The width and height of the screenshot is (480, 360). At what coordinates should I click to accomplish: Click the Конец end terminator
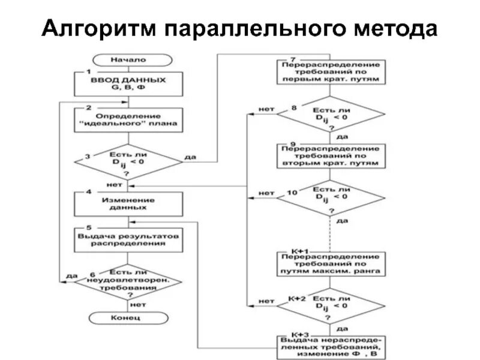point(125,316)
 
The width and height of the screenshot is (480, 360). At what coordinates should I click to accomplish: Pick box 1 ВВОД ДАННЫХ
point(128,83)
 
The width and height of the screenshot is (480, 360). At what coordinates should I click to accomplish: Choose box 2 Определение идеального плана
point(128,120)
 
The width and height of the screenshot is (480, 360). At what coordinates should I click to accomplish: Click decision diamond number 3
point(128,161)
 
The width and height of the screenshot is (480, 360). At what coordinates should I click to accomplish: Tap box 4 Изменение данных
point(128,204)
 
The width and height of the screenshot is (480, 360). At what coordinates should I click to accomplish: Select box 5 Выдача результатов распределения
point(128,240)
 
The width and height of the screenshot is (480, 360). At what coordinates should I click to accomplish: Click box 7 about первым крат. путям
point(329,71)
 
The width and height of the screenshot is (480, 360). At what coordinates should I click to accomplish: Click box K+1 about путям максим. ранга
point(329,263)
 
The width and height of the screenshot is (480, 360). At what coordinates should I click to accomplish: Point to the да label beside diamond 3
point(190,158)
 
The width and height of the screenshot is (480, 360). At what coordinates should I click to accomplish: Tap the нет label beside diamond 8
point(266,109)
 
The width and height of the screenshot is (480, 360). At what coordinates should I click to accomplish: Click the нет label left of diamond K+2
point(266,301)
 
